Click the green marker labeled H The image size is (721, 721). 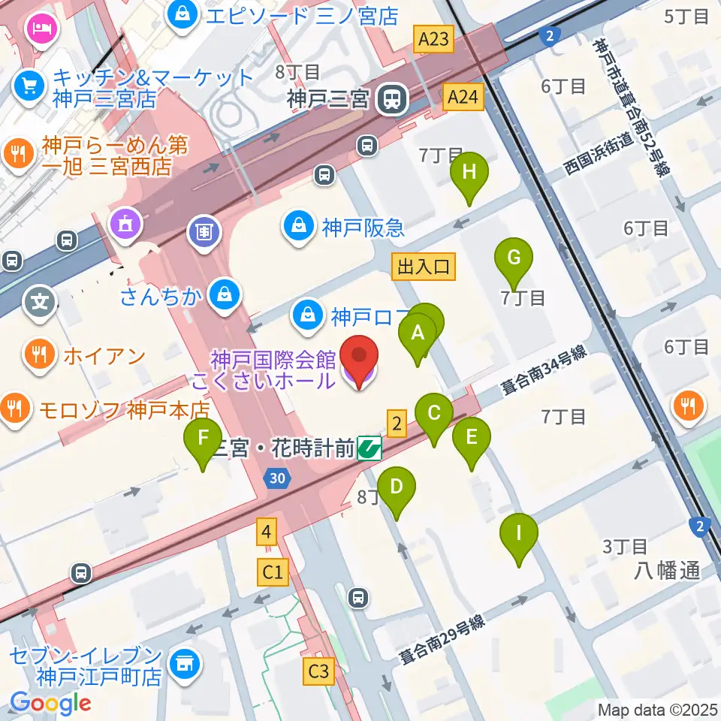pyautogui.click(x=469, y=173)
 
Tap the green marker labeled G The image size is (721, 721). pyautogui.click(x=514, y=259)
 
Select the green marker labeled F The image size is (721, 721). pyautogui.click(x=203, y=438)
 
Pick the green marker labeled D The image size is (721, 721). pyautogui.click(x=397, y=487)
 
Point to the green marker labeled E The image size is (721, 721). pyautogui.click(x=472, y=438)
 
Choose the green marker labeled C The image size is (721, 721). pyautogui.click(x=434, y=414)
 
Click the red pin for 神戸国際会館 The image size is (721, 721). pyautogui.click(x=359, y=359)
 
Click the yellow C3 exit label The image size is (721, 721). pyautogui.click(x=318, y=671)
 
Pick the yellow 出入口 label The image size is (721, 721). pyautogui.click(x=424, y=266)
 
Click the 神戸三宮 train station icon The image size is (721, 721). pyautogui.click(x=392, y=98)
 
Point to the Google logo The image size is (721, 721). pyautogui.click(x=51, y=703)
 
